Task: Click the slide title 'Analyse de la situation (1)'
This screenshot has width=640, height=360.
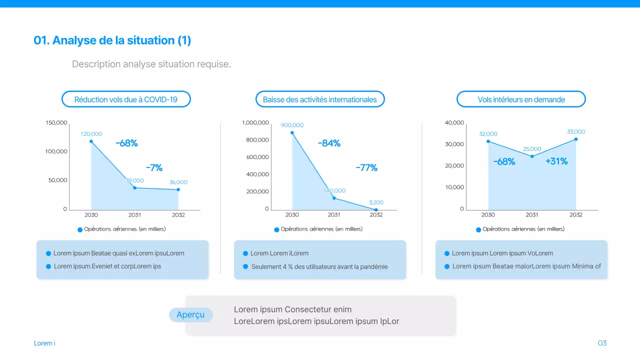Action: [x=112, y=40]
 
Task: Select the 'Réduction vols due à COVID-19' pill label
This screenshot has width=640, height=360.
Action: [x=126, y=99]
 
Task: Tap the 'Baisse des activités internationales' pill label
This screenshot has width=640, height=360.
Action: [x=320, y=99]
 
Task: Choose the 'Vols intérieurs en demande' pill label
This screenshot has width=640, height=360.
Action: [x=521, y=99]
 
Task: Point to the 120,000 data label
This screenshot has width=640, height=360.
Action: [x=91, y=134]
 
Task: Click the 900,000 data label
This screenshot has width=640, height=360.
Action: [x=292, y=125]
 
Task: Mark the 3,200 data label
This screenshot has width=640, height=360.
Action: [x=376, y=202]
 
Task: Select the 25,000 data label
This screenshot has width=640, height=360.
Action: [x=532, y=149]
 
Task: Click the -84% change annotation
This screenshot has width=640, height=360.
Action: [x=329, y=143]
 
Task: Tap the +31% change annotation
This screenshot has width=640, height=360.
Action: [x=556, y=161]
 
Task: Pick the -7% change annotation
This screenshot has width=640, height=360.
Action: [x=154, y=168]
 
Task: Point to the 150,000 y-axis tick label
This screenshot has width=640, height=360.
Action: [x=56, y=123]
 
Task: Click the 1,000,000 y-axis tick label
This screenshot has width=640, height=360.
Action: [x=255, y=123]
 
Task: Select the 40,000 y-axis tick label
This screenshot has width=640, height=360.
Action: [x=454, y=123]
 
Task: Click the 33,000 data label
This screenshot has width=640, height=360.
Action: [x=576, y=132]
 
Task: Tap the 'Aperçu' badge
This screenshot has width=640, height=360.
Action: [x=190, y=314]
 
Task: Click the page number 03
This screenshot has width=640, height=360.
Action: [x=602, y=343]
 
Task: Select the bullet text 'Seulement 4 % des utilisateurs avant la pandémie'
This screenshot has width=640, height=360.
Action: [x=319, y=267]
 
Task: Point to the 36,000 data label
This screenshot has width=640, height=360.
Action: [x=178, y=182]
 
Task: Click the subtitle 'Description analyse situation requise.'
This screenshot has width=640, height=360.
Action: [x=151, y=64]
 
